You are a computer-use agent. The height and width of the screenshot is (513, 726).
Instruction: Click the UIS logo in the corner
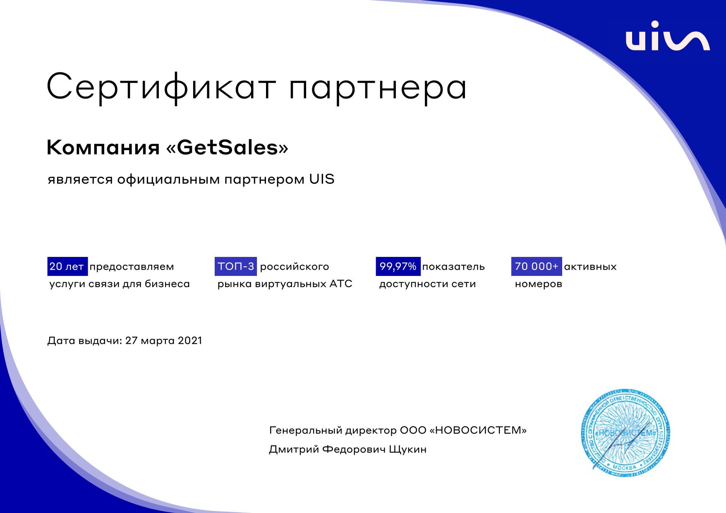(x=667, y=36)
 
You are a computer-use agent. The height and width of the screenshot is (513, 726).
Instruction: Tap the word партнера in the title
(x=378, y=88)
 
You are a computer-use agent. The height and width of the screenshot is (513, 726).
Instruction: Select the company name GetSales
(x=227, y=147)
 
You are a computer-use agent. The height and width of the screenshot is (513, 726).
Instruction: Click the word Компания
(x=103, y=148)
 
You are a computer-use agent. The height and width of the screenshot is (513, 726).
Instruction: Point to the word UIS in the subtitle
(x=321, y=179)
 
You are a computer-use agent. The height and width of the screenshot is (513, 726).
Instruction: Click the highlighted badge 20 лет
(x=67, y=266)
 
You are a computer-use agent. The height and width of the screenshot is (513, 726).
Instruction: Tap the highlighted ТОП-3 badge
(x=236, y=266)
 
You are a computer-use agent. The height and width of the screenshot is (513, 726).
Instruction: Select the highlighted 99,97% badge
(x=398, y=266)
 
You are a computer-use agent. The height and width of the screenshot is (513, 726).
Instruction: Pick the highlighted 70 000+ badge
(x=537, y=266)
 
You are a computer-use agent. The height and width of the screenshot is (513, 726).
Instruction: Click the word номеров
(x=538, y=284)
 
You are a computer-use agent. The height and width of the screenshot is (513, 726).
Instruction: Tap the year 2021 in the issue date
(x=190, y=340)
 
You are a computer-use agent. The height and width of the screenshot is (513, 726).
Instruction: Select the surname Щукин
(x=407, y=449)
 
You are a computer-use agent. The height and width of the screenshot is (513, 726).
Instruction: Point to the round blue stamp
(x=625, y=433)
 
